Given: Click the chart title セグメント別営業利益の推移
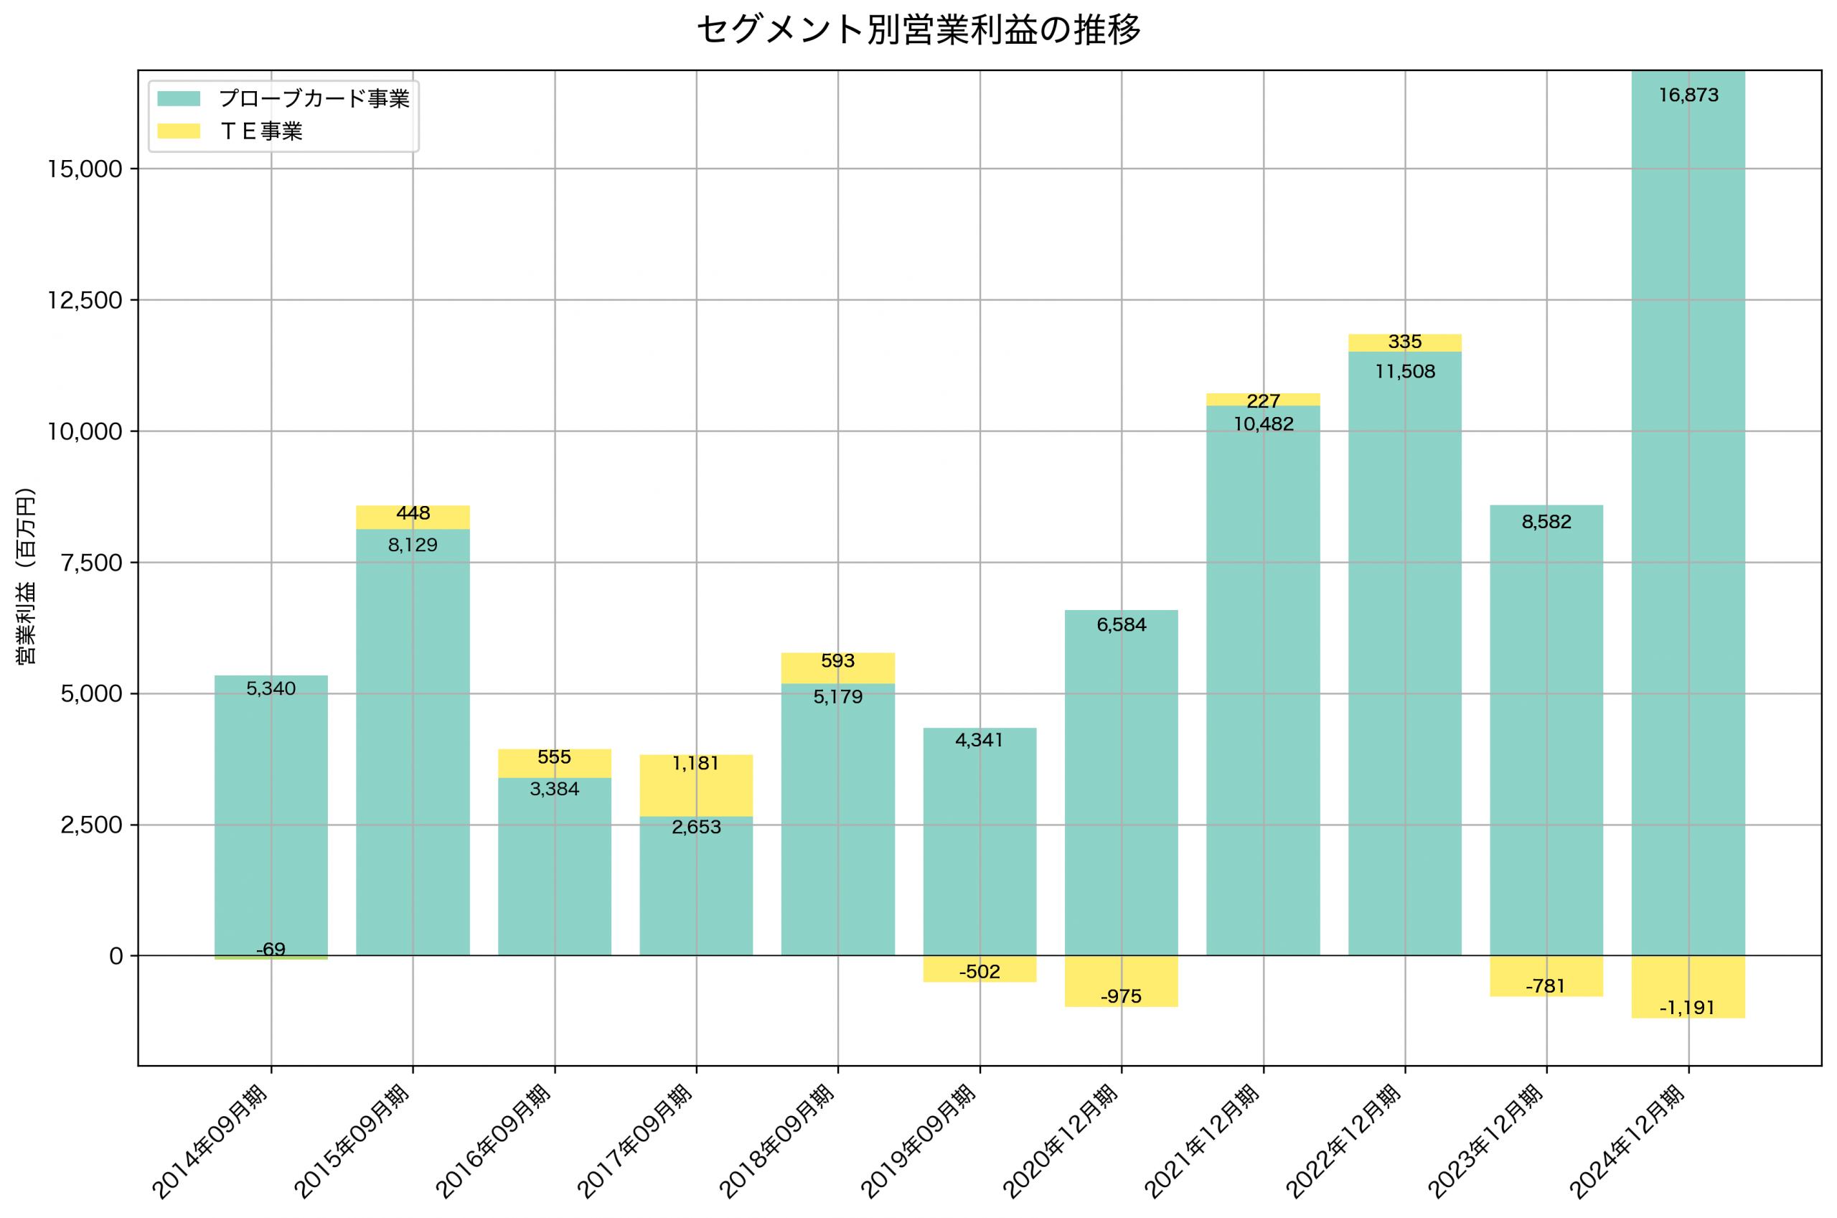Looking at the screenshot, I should (x=918, y=30).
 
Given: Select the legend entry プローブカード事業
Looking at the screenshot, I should (x=313, y=98).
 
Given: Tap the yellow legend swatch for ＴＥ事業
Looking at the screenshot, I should (x=179, y=131).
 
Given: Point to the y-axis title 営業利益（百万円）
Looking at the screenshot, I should (x=27, y=576).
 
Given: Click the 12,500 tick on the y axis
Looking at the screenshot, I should (x=85, y=301).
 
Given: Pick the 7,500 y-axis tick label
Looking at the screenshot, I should (x=91, y=563).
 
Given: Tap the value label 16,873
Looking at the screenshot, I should (x=1688, y=95).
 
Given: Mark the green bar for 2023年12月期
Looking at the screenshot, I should (x=1546, y=730).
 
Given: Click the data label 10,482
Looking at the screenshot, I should (x=1263, y=424).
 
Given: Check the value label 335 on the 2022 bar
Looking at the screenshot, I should (x=1404, y=342).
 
